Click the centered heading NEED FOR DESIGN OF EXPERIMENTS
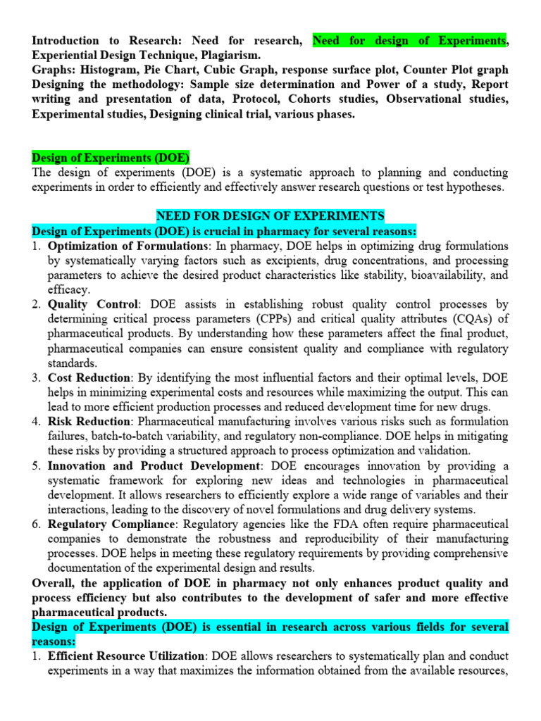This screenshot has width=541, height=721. pyautogui.click(x=270, y=216)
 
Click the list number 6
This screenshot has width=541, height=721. pyautogui.click(x=37, y=525)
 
